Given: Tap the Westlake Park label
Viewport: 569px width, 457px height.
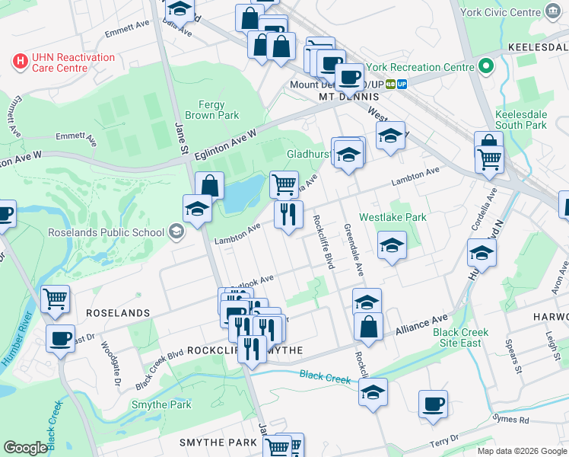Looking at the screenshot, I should pyautogui.click(x=393, y=217).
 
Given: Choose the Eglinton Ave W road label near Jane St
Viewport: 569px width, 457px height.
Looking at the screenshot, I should pyautogui.click(x=226, y=144).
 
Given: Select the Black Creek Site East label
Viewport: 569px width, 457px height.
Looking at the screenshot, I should pyautogui.click(x=457, y=337).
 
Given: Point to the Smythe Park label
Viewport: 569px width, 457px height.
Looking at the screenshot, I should pyautogui.click(x=161, y=404).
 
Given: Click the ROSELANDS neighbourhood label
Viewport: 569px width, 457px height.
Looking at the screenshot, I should pyautogui.click(x=118, y=313).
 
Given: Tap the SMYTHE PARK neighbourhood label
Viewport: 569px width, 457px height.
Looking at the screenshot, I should pyautogui.click(x=218, y=443).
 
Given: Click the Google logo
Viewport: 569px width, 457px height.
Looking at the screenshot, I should pyautogui.click(x=26, y=448).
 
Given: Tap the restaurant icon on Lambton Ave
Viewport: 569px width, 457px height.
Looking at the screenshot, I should pyautogui.click(x=288, y=214).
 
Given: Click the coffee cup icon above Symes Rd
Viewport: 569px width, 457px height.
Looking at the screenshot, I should pyautogui.click(x=433, y=404).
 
